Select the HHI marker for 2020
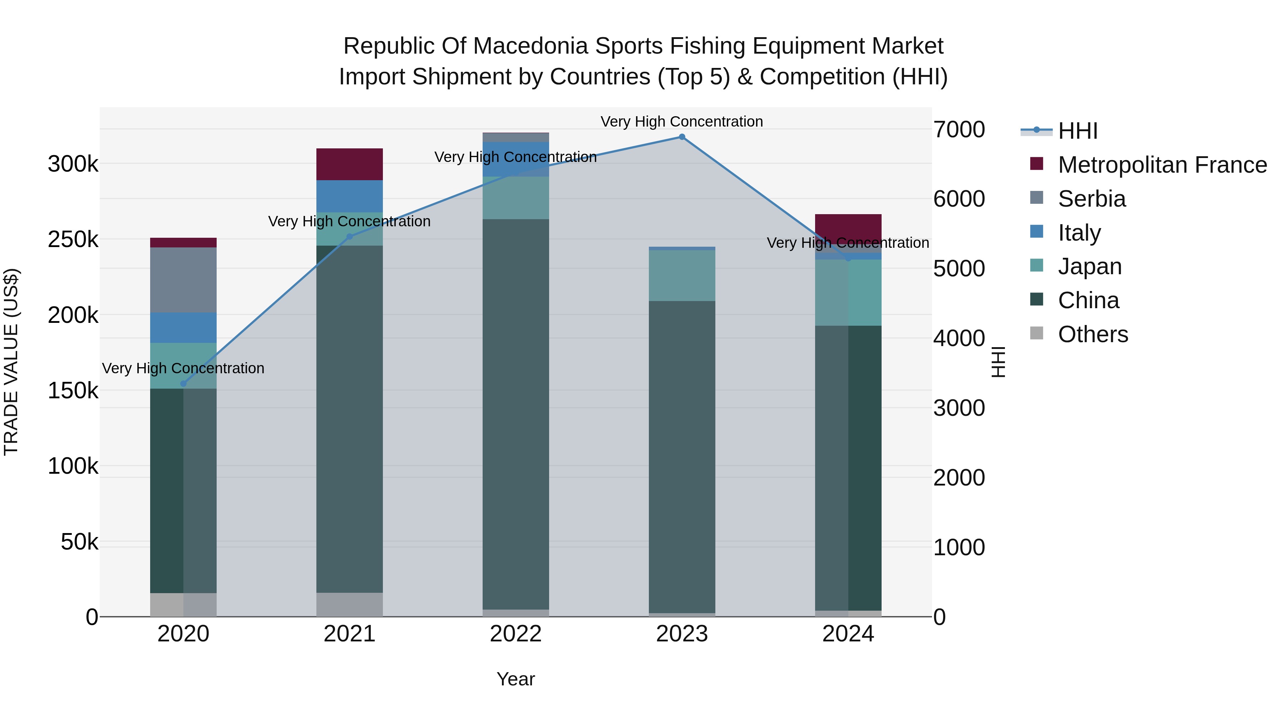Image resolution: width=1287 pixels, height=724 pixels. click(x=183, y=384)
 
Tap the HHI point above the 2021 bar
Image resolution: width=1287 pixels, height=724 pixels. click(x=350, y=237)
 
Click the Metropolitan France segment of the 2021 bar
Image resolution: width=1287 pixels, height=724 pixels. click(x=350, y=164)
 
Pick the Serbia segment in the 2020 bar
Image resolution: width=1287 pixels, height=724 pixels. click(x=183, y=280)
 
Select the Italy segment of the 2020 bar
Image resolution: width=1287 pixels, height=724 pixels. click(x=183, y=328)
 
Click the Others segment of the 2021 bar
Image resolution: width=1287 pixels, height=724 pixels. click(x=350, y=605)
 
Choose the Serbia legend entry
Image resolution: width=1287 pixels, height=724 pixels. click(x=1092, y=199)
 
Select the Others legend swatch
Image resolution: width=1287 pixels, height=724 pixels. click(x=1037, y=333)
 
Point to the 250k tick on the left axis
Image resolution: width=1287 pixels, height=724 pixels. click(x=73, y=240)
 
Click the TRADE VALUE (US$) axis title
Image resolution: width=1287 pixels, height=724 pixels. click(x=11, y=362)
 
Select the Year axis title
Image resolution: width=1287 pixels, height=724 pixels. click(x=516, y=679)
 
